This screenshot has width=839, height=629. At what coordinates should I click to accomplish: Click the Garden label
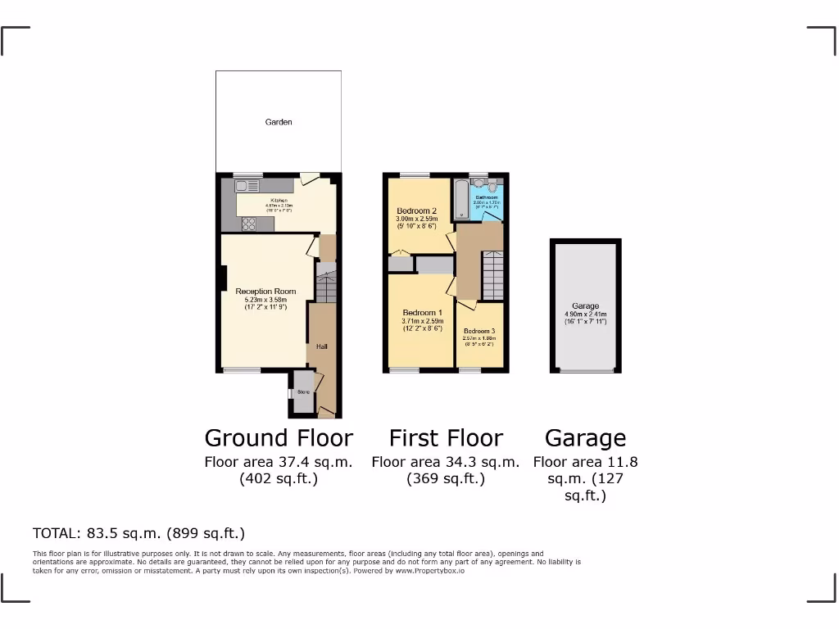point(279,122)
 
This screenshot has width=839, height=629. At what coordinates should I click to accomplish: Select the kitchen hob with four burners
point(249,223)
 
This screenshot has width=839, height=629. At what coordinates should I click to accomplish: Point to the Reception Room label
point(265,292)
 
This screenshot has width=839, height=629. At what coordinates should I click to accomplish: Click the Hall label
point(322,347)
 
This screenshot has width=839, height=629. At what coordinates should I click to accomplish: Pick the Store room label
point(302,392)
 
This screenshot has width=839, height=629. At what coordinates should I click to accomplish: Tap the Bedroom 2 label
point(417,210)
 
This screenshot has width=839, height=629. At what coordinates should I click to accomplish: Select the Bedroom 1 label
point(422,313)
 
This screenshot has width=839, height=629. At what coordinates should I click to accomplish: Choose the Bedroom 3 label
point(479,331)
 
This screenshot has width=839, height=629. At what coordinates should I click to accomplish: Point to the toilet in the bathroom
point(492,186)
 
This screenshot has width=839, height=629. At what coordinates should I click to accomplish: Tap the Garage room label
point(585,306)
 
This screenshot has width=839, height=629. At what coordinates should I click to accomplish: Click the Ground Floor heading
point(279,438)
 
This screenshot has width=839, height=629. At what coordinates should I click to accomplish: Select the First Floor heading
point(446,438)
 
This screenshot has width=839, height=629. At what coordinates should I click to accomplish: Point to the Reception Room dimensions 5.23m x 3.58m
point(265,300)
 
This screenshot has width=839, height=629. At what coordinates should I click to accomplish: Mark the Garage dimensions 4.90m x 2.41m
point(585,314)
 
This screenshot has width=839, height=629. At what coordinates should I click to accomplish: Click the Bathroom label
point(487,197)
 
